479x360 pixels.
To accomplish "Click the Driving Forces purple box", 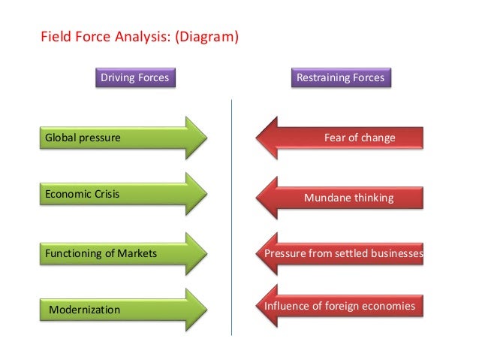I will tap(135, 77).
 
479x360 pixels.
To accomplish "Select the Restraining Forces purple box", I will tap(340, 77).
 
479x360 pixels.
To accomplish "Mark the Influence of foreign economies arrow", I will tap(339, 307).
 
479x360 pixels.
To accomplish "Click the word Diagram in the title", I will tap(206, 35).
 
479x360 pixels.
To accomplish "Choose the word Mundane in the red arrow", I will tap(324, 198).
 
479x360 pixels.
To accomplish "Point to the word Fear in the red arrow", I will tap(335, 138).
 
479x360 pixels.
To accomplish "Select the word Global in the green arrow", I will tap(60, 138).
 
